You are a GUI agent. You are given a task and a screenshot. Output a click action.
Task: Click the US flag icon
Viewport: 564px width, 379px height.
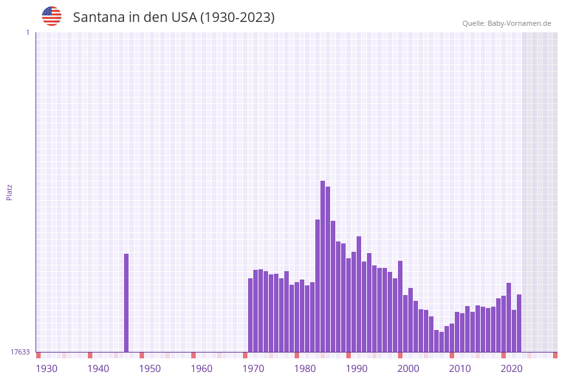52,16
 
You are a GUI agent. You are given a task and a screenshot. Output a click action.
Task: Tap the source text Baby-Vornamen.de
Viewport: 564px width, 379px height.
519,23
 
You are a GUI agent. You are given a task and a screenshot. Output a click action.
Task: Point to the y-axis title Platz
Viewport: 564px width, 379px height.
10,192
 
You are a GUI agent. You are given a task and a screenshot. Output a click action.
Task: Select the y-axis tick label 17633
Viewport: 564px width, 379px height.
20,352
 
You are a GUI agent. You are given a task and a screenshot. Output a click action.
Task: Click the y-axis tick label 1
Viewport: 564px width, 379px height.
27,32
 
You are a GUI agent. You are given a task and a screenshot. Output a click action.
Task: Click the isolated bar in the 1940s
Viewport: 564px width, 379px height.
127,303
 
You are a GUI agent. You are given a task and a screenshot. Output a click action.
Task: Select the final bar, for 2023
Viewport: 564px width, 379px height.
519,323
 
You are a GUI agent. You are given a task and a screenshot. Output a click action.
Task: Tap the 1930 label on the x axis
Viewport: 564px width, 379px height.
47,369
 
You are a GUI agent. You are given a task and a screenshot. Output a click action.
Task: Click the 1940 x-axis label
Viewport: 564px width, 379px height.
98,369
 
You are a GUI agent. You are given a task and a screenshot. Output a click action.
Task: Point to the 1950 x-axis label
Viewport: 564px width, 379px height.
150,369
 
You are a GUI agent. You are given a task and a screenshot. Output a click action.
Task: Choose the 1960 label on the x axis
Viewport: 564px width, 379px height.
202,369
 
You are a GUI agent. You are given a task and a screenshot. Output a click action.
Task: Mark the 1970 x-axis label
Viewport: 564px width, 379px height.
253,369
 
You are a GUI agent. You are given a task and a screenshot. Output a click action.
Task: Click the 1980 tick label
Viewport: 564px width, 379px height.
305,369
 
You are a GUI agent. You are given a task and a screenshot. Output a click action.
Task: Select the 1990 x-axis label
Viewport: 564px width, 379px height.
357,369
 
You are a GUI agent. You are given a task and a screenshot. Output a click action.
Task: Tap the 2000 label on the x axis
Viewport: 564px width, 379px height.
408,369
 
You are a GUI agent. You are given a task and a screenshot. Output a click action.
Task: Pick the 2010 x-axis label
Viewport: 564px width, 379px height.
460,369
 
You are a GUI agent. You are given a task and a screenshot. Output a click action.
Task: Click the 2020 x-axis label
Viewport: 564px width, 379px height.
512,369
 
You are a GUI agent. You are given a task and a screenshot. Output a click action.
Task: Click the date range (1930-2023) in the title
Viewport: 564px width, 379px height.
237,17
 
